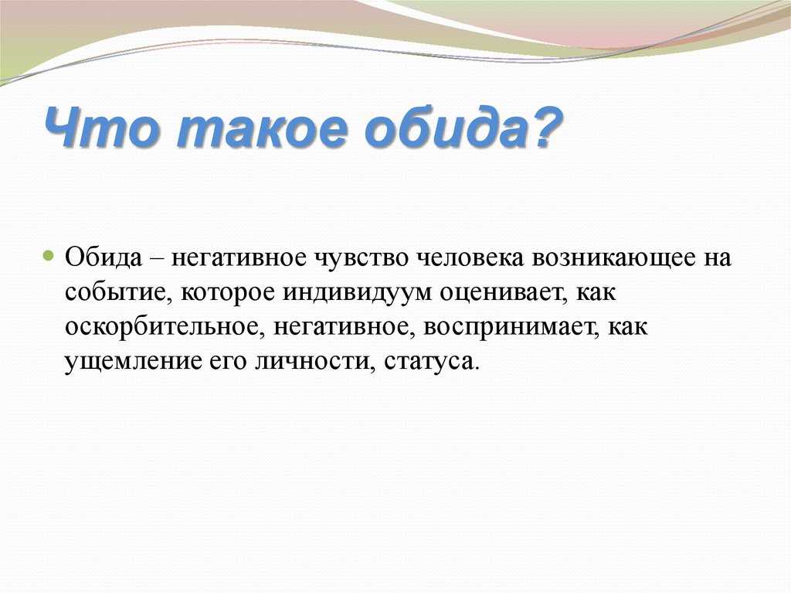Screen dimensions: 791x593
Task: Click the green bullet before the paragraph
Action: pyautogui.click(x=49, y=255)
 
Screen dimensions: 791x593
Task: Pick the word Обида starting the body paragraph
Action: pyautogui.click(x=104, y=257)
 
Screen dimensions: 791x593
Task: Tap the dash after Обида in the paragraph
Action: pyautogui.click(x=156, y=260)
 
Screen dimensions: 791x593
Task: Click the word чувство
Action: pyautogui.click(x=362, y=258)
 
